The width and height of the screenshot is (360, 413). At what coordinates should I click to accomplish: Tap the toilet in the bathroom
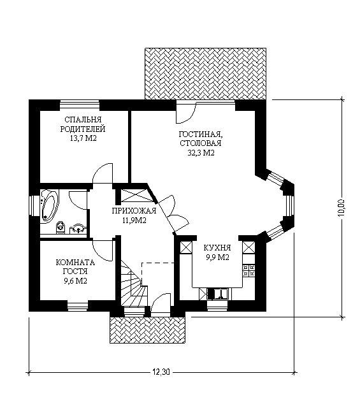tap(61, 228)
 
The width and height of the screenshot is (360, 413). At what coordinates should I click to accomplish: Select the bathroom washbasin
tap(78, 229)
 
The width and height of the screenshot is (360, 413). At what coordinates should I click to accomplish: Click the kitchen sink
tap(217, 294)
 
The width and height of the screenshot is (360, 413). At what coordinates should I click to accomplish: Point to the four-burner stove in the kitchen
tap(249, 270)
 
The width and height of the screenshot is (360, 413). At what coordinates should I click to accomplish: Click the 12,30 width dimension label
tap(161, 372)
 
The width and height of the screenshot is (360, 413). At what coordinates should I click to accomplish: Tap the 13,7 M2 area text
tap(83, 138)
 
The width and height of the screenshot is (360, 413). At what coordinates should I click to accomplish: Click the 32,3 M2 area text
tap(201, 153)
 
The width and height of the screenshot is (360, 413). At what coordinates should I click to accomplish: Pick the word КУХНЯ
tap(217, 248)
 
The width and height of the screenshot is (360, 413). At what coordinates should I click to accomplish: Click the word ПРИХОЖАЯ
tap(134, 211)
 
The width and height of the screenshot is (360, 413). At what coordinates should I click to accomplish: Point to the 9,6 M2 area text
tap(76, 281)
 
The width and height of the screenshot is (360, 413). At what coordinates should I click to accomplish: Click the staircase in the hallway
tap(134, 284)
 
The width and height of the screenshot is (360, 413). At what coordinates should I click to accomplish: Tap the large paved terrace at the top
tap(205, 74)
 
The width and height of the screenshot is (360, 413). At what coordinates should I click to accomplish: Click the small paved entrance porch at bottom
tap(148, 330)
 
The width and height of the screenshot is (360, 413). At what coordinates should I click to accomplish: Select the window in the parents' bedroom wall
tap(80, 105)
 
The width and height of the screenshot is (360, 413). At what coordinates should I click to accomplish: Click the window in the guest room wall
tap(78, 306)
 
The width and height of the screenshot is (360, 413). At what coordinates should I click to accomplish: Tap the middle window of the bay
tap(289, 206)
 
